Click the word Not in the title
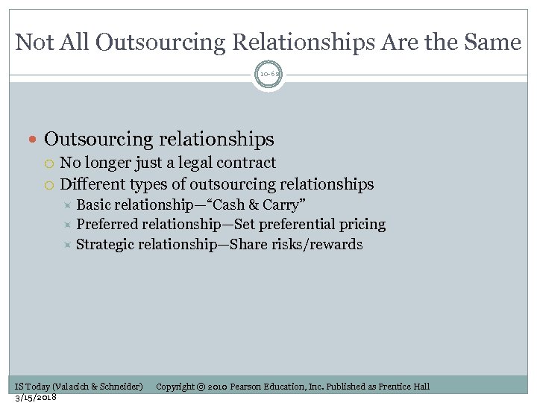click(x=34, y=43)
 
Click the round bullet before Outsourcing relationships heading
click(x=35, y=140)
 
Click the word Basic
click(x=95, y=205)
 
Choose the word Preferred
click(x=107, y=225)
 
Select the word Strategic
click(x=106, y=245)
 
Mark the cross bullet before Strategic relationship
click(x=67, y=245)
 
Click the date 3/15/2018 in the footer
click(x=36, y=397)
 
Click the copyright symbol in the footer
click(x=201, y=387)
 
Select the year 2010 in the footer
click(x=216, y=387)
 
